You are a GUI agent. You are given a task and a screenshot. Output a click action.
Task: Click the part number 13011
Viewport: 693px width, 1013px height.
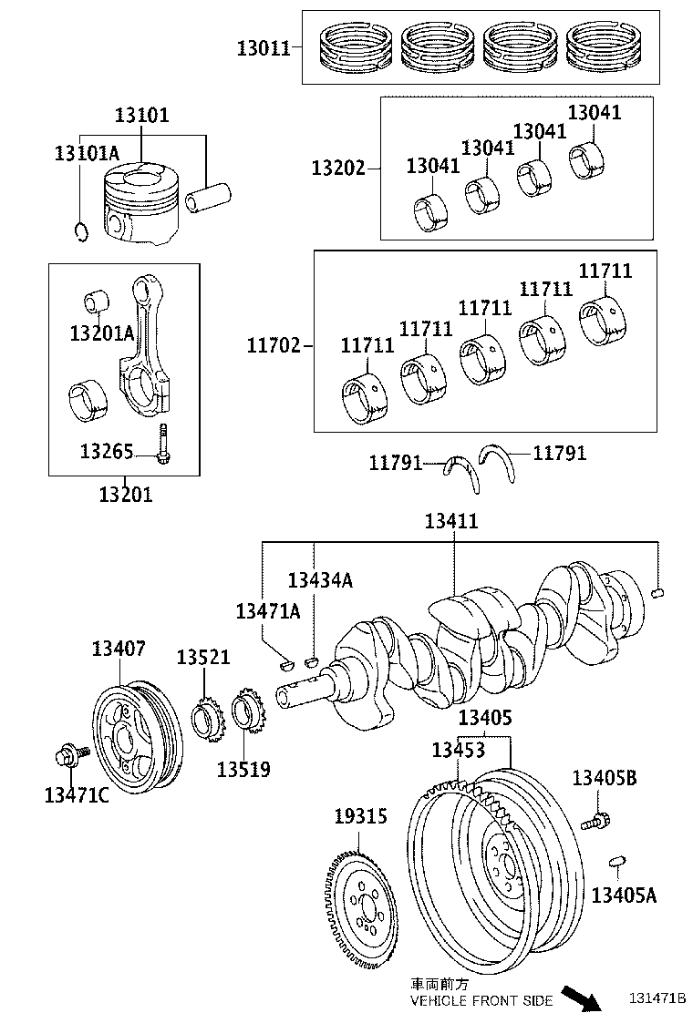[264, 48]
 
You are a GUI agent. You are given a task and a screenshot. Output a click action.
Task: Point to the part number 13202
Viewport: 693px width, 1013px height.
[337, 168]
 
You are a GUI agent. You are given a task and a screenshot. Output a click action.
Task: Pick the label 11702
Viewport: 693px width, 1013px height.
[273, 345]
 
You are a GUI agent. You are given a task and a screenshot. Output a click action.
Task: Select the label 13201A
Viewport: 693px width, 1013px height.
[101, 333]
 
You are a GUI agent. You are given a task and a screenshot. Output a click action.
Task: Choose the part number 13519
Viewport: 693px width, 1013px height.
[243, 769]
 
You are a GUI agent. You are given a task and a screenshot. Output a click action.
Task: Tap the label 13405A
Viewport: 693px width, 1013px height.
[624, 895]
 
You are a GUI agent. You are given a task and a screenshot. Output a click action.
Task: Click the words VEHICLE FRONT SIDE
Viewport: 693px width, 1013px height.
[481, 1000]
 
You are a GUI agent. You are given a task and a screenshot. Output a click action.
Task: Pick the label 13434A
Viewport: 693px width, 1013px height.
[320, 580]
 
